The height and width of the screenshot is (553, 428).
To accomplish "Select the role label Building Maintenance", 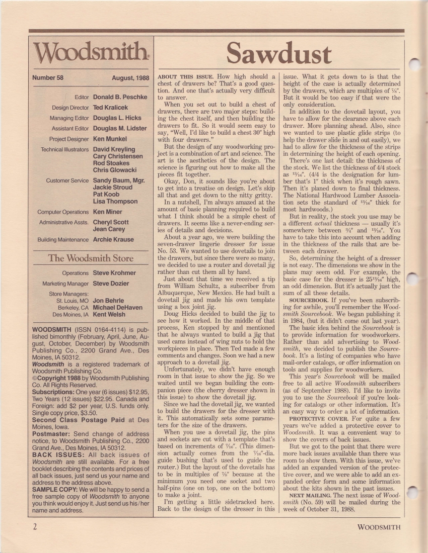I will point(64,240).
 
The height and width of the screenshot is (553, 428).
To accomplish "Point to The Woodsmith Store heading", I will point(91,258).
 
